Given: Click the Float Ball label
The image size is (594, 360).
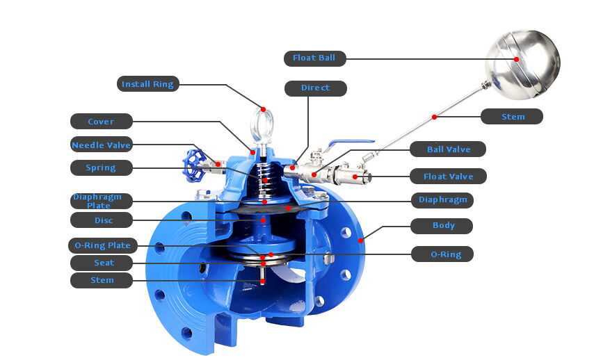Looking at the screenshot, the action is [315, 58].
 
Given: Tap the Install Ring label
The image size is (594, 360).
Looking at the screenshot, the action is [147, 84].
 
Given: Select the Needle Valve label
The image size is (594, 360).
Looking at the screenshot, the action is [101, 145].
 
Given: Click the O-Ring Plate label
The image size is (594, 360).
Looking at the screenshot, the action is [102, 246].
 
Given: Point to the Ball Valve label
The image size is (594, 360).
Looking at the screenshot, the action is [448, 149].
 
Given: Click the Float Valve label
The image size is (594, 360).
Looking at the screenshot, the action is [448, 177].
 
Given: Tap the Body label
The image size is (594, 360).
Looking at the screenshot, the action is [442, 226].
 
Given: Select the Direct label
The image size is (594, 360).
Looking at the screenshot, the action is [316, 88].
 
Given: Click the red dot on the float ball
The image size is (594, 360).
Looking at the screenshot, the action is [516, 60].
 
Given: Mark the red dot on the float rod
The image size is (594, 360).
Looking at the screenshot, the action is [434, 117].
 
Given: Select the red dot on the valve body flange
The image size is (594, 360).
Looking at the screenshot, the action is [360, 240].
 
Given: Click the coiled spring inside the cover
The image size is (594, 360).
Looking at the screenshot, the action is [266, 179].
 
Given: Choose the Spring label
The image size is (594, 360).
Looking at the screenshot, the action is [101, 167].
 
